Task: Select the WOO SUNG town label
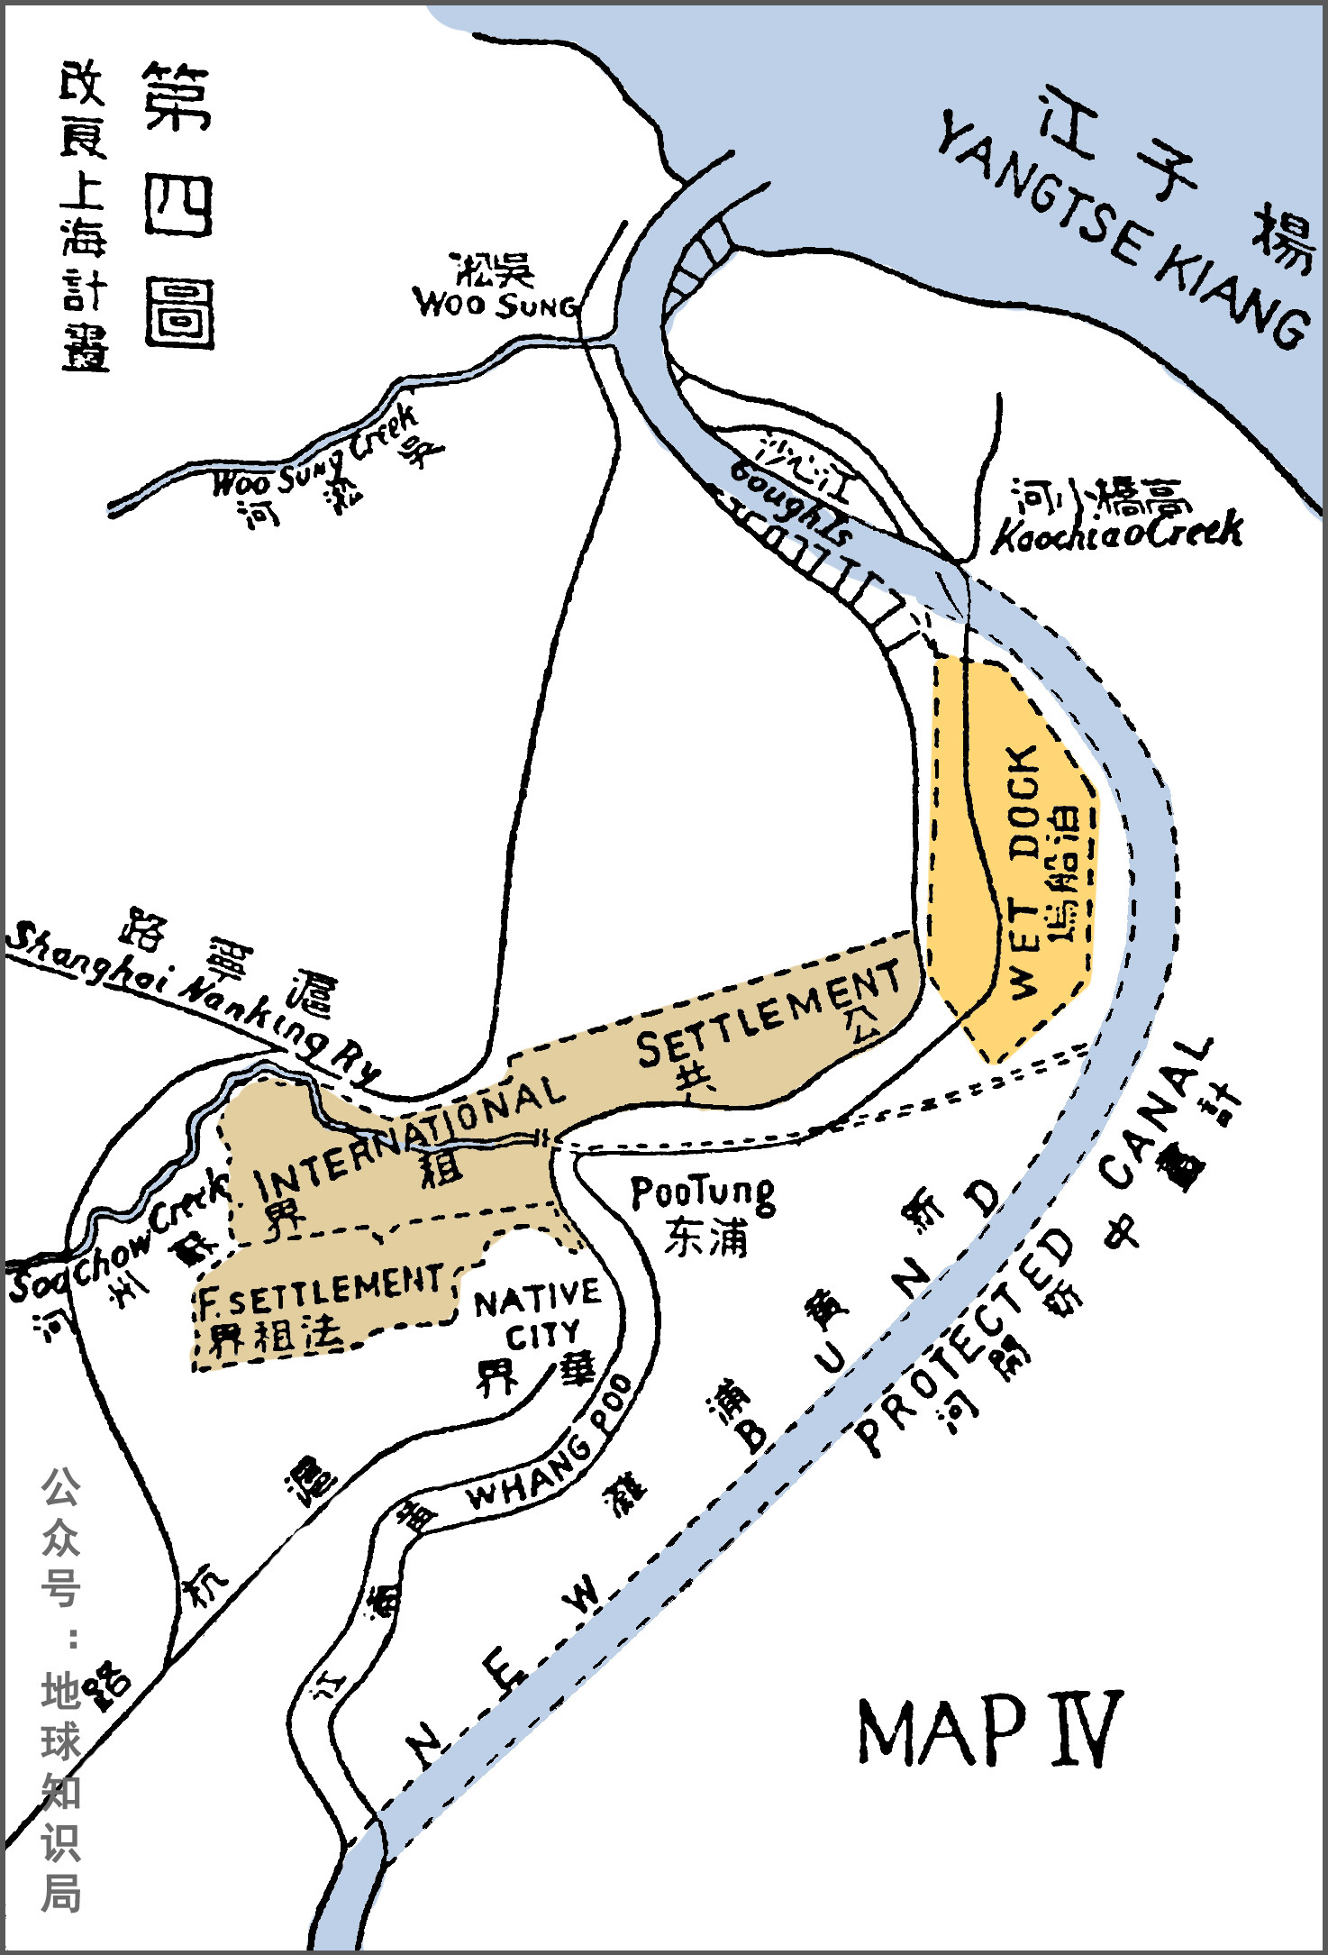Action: click(x=496, y=303)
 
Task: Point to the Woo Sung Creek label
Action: click(x=315, y=455)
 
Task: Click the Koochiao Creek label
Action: click(x=1117, y=532)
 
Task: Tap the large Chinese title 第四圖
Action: click(x=178, y=205)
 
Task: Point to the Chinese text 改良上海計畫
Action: click(x=84, y=216)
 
